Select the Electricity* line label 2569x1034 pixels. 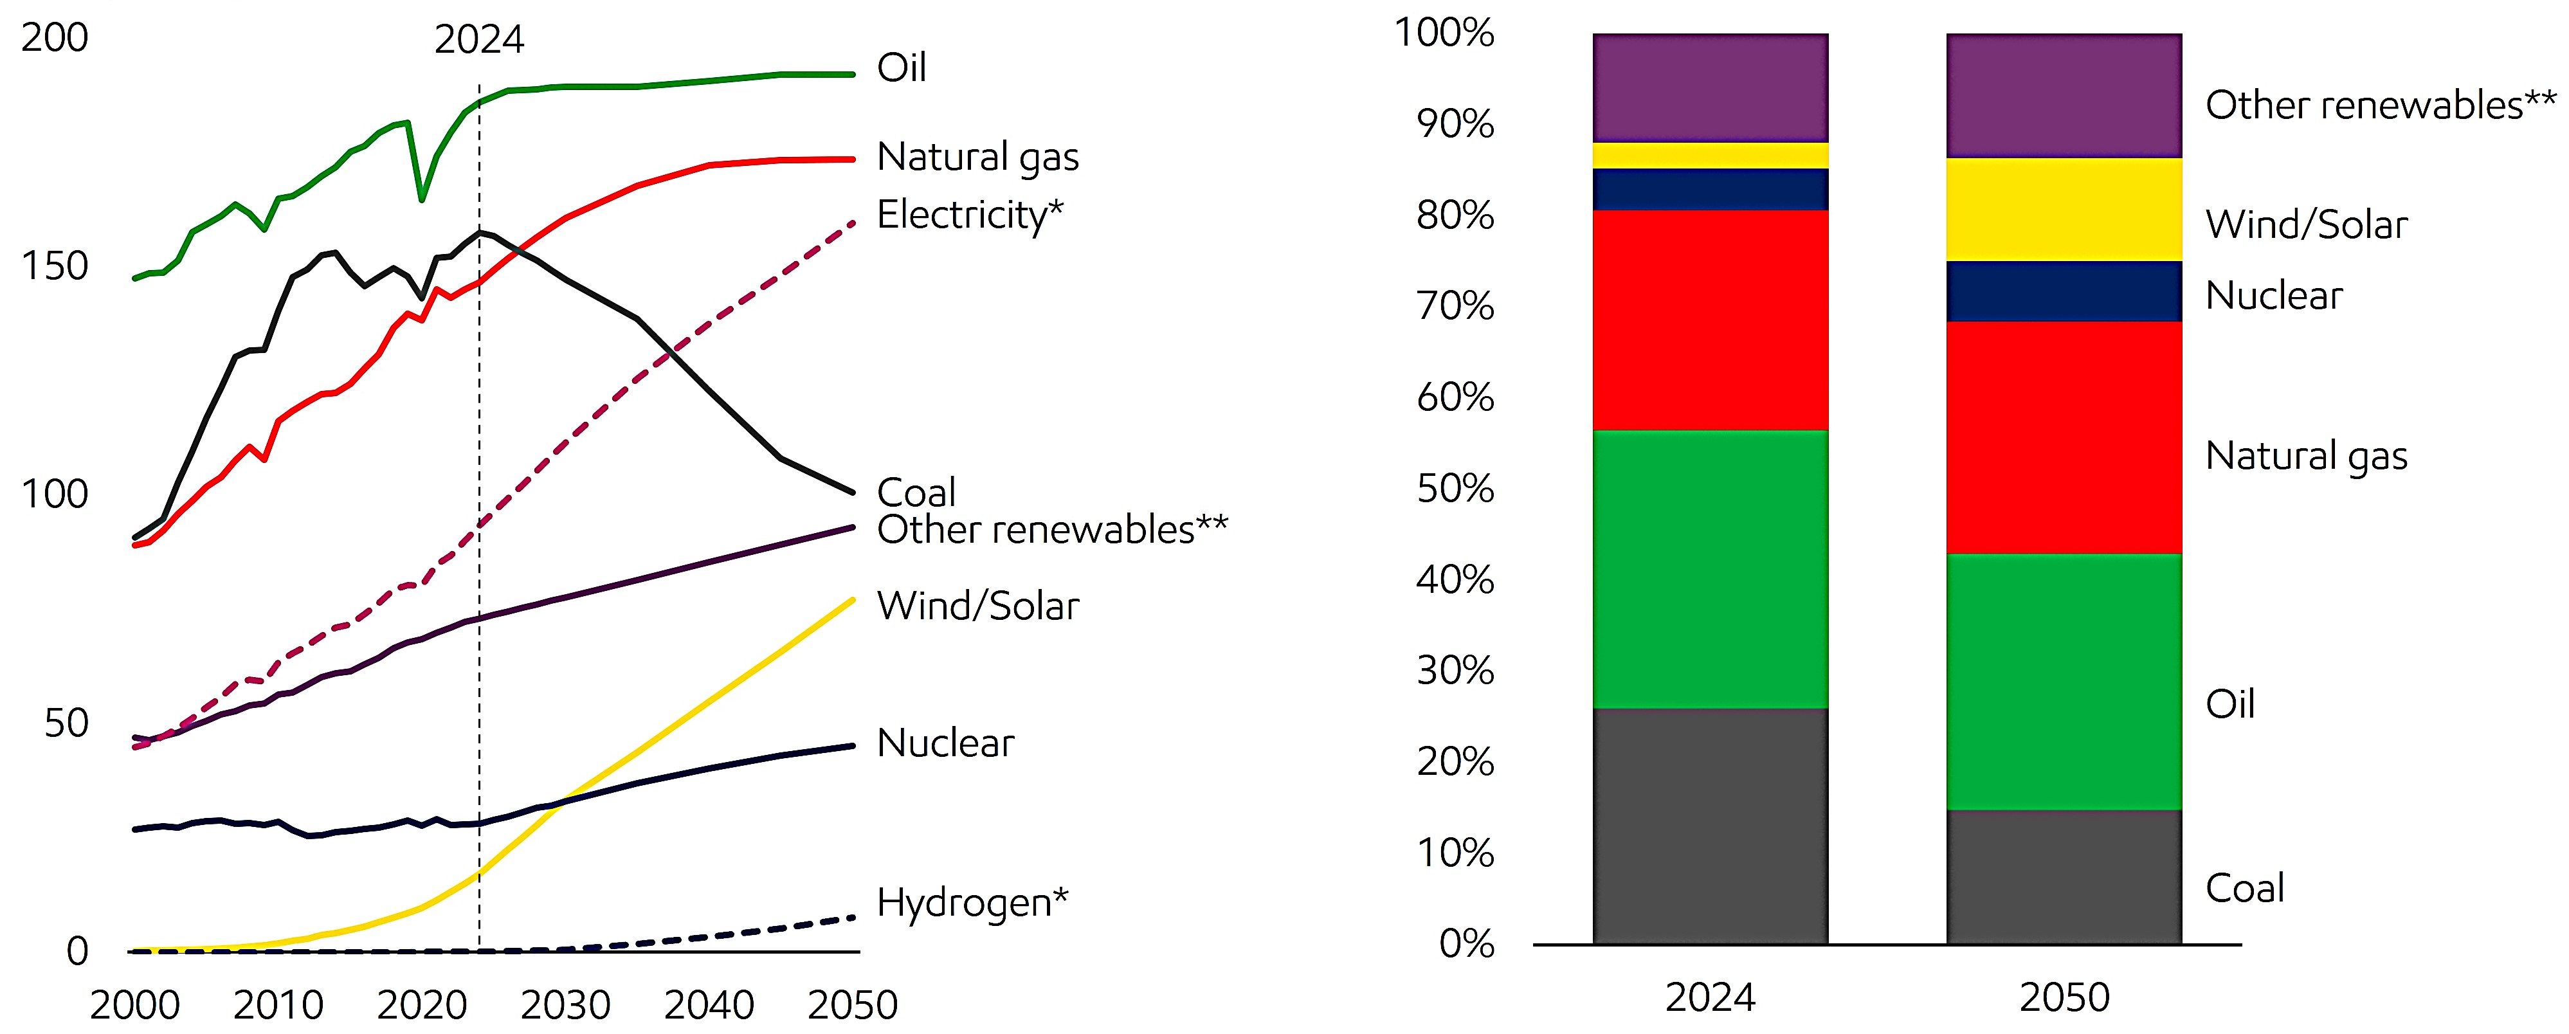(x=969, y=214)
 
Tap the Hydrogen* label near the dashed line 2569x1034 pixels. (x=972, y=902)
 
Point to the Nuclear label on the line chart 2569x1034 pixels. (x=945, y=743)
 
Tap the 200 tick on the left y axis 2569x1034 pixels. (x=55, y=38)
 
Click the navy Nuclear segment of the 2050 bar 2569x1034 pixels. (x=2064, y=291)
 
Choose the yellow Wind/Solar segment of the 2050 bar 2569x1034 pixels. (x=2064, y=210)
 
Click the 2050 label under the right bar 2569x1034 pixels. (x=2064, y=997)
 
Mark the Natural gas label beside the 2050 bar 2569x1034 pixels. (x=2306, y=456)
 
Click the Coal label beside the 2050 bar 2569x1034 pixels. (x=2244, y=887)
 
